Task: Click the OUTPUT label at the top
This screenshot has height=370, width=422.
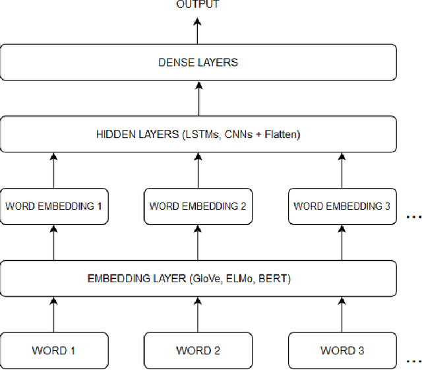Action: pos(198,5)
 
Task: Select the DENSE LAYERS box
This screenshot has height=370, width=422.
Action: pos(198,63)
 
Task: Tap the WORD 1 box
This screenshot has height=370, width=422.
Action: pos(53,350)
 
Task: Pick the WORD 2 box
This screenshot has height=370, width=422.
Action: pos(198,350)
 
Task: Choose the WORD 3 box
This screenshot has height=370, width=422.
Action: pos(342,350)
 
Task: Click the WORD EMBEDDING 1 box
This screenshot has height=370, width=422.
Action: pos(53,206)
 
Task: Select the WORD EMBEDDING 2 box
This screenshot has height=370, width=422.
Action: pos(198,206)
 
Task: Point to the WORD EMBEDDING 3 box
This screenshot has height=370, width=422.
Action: pos(342,206)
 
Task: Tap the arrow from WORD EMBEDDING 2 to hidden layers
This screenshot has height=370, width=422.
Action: pos(198,171)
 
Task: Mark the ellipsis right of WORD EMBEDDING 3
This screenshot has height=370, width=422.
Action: pos(413,217)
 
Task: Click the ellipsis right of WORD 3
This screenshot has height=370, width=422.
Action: pos(413,361)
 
